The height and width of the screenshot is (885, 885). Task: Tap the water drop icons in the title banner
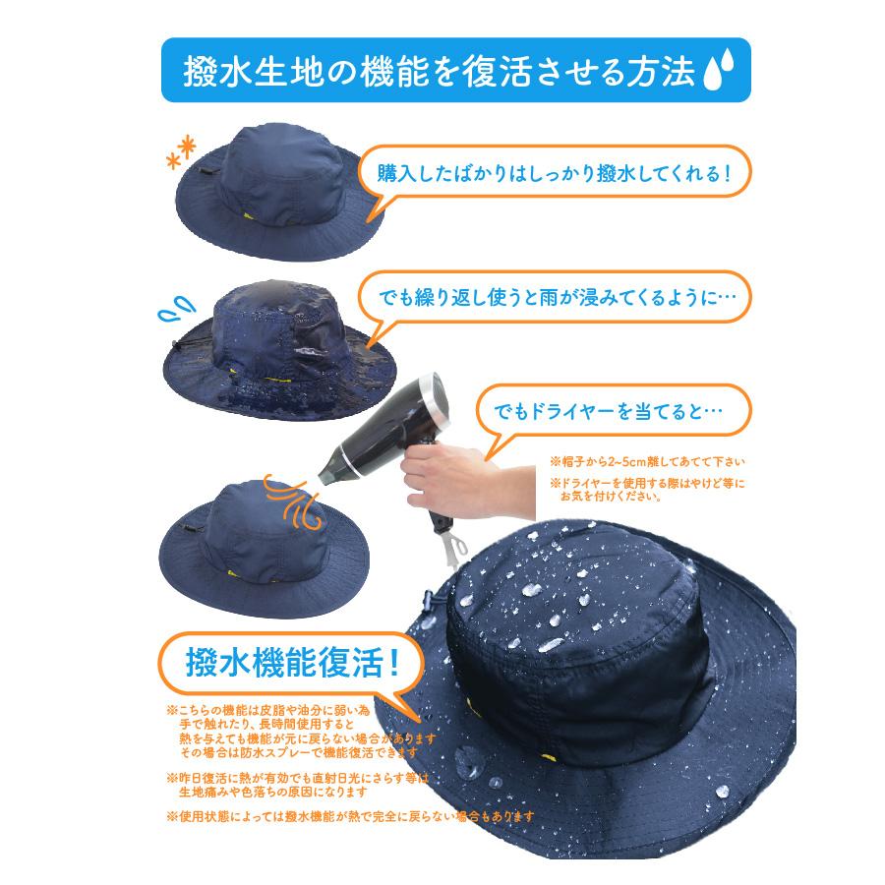pyautogui.click(x=725, y=74)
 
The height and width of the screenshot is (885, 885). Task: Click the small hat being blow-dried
pyautogui.click(x=256, y=531)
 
